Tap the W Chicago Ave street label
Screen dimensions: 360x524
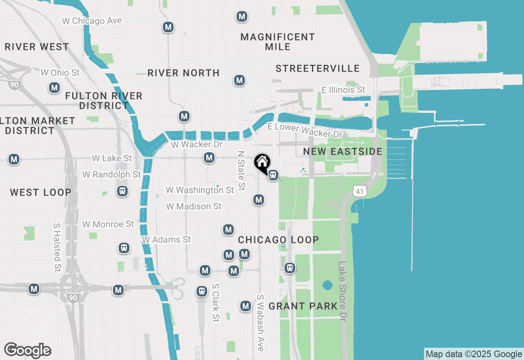(92, 20)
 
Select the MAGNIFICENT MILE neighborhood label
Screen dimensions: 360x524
(278, 42)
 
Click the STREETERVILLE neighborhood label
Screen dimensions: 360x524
(318, 68)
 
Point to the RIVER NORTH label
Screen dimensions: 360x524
(183, 73)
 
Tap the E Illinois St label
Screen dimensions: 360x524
(343, 90)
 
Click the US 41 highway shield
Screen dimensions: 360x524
(359, 190)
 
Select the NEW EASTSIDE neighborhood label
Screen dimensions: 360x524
(343, 151)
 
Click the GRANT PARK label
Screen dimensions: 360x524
(303, 306)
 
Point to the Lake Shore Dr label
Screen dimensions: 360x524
(343, 291)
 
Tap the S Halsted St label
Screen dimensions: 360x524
(57, 248)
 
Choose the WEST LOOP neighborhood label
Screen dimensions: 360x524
(41, 192)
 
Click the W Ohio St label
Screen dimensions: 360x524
(60, 73)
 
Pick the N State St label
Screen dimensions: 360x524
(241, 171)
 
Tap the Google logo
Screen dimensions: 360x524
(27, 350)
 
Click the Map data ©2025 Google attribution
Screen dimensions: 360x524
(474, 354)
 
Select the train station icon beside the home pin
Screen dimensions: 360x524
(273, 175)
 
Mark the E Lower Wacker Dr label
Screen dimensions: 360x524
(305, 130)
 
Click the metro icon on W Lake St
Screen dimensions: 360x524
(209, 157)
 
